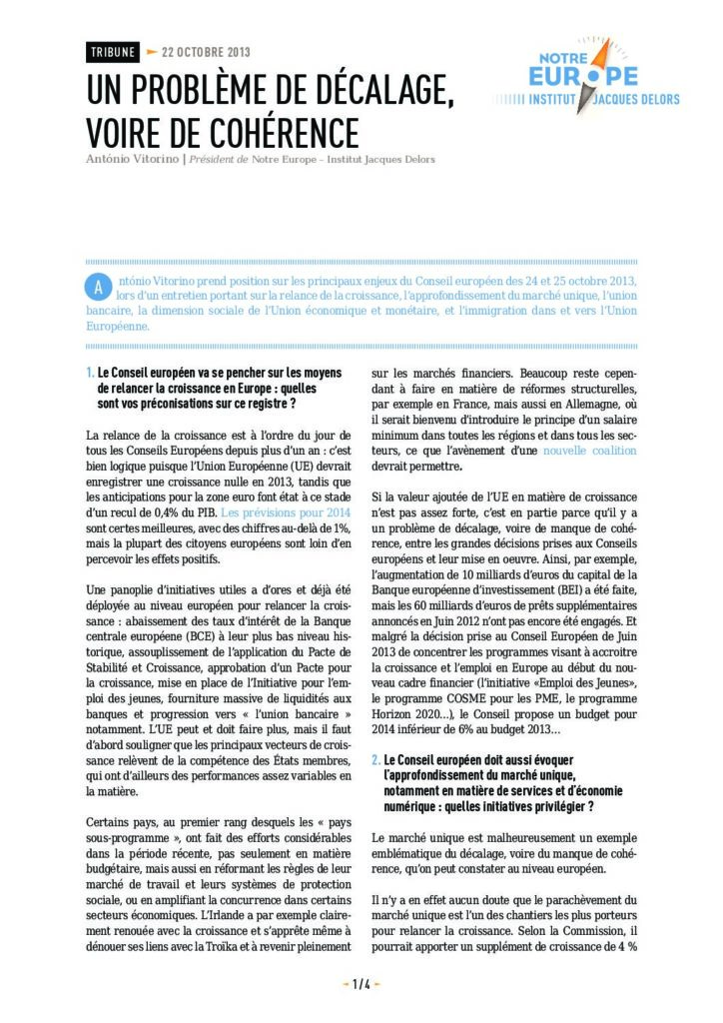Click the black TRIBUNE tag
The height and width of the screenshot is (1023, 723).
pos(112,52)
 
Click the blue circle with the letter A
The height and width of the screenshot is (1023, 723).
pos(98,287)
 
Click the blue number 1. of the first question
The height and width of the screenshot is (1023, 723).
pos(90,373)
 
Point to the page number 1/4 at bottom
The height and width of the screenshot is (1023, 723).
pos(361,984)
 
